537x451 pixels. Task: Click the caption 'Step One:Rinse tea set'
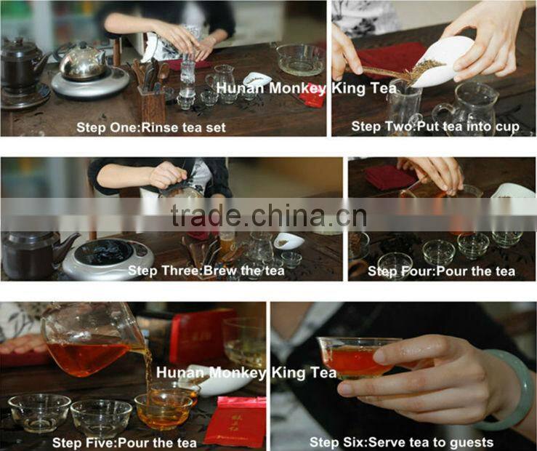pyautogui.click(x=150, y=127)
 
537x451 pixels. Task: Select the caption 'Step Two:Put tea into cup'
pyautogui.click(x=435, y=127)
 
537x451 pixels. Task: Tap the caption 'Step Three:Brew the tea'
pyautogui.click(x=195, y=271)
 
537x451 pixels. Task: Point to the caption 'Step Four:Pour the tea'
pyautogui.click(x=441, y=271)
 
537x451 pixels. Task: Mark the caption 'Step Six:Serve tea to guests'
pyautogui.click(x=401, y=442)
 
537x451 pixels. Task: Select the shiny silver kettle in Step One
pyautogui.click(x=82, y=63)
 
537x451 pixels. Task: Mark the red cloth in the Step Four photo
pyautogui.click(x=390, y=177)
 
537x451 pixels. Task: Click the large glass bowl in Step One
pyautogui.click(x=300, y=59)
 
